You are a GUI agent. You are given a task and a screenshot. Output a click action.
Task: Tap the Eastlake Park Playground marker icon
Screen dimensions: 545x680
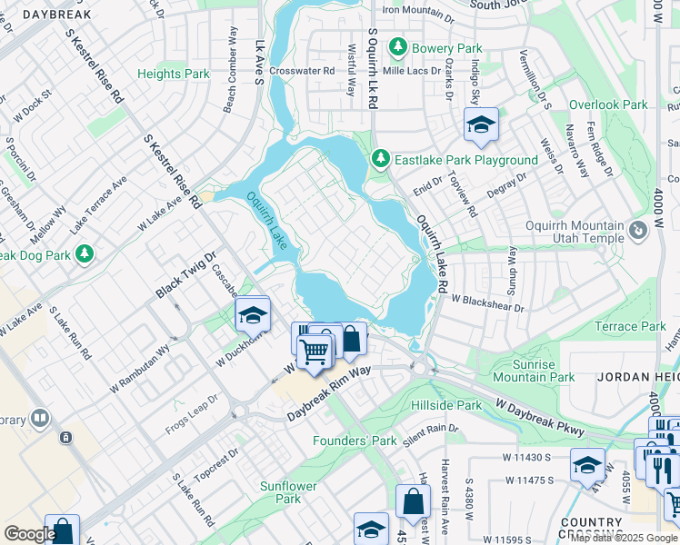tap(381, 160)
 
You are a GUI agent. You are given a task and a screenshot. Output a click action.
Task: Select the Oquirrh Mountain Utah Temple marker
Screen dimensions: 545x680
tap(638, 232)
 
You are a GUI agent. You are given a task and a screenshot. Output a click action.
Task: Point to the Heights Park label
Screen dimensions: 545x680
tap(173, 74)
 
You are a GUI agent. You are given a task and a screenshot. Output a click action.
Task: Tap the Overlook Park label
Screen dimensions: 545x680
tap(608, 104)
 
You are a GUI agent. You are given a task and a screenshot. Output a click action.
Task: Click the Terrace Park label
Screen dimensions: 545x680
tap(630, 326)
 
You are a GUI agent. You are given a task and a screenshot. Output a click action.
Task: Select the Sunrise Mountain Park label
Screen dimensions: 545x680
tap(533, 370)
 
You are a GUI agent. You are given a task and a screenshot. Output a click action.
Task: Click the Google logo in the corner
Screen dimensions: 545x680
tap(30, 534)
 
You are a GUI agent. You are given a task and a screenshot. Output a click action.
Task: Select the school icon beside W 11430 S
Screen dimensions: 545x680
tap(587, 464)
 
